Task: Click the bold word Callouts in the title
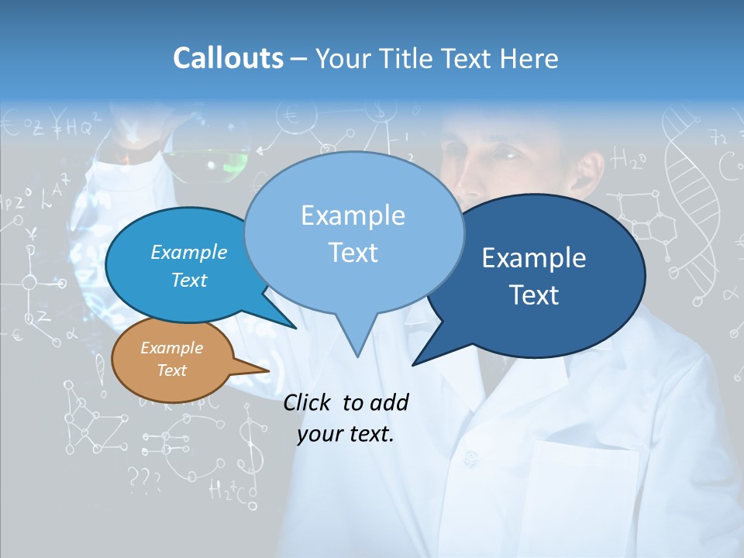pyautogui.click(x=228, y=58)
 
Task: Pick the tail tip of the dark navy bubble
pyautogui.click(x=414, y=363)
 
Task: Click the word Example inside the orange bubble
pyautogui.click(x=171, y=348)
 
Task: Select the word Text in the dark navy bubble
pyautogui.click(x=534, y=295)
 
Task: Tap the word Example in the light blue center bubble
pyautogui.click(x=353, y=215)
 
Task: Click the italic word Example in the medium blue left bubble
pyautogui.click(x=189, y=252)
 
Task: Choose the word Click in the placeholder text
pyautogui.click(x=308, y=402)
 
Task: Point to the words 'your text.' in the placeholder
pyautogui.click(x=346, y=434)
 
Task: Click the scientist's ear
pyautogui.click(x=594, y=173)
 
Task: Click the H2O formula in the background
pyautogui.click(x=628, y=160)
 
